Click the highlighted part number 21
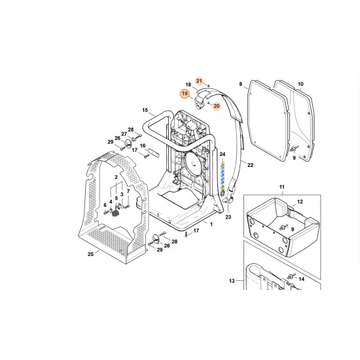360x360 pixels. click(x=200, y=80)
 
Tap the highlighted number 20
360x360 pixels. click(x=216, y=105)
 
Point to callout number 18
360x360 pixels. click(x=188, y=85)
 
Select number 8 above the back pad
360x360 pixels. click(x=240, y=84)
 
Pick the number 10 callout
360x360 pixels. click(x=300, y=84)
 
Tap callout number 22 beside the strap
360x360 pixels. click(x=250, y=165)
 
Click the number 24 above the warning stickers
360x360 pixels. click(x=222, y=155)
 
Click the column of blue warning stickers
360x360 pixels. click(x=222, y=177)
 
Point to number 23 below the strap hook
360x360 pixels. click(x=228, y=216)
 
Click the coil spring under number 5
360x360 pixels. click(x=117, y=213)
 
